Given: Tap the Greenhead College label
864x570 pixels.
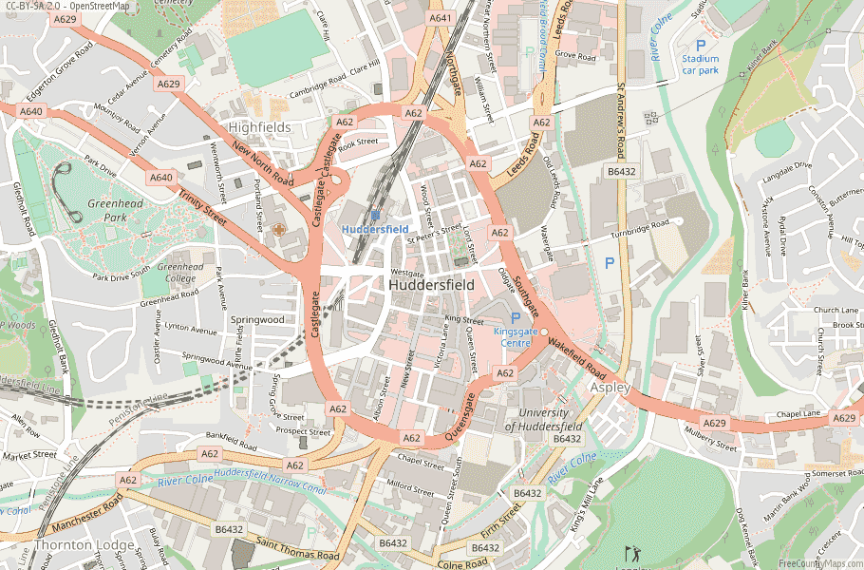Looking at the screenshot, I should pyautogui.click(x=180, y=273).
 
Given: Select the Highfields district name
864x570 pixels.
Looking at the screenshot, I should pyautogui.click(x=259, y=126).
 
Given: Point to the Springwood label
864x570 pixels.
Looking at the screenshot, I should pyautogui.click(x=257, y=320).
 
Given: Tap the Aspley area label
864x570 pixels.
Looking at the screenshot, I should pyautogui.click(x=610, y=389).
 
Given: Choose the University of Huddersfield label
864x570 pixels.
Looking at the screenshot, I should pyautogui.click(x=543, y=419).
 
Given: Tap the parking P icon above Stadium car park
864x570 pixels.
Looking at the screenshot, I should pyautogui.click(x=701, y=45).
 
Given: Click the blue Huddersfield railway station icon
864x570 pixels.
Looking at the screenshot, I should pyautogui.click(x=375, y=216).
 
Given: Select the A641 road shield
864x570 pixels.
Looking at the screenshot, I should pyautogui.click(x=441, y=18).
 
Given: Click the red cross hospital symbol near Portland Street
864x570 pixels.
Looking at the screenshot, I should pyautogui.click(x=278, y=230).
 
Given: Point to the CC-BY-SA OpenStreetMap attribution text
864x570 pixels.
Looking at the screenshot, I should pyautogui.click(x=66, y=6).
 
